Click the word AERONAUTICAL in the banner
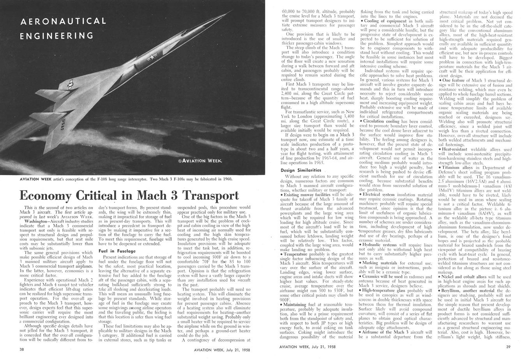63,21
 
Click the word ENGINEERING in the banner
57,36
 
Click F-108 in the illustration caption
115,179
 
